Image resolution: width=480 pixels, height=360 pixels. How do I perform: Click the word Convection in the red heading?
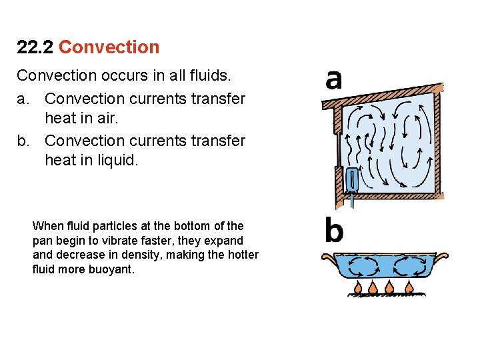click(109, 47)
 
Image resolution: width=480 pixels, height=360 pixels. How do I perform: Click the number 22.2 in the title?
click(35, 47)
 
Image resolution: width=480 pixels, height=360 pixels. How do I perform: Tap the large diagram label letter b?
click(333, 231)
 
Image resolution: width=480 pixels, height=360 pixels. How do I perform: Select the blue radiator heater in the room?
click(352, 178)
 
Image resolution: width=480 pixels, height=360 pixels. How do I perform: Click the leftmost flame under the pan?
click(358, 287)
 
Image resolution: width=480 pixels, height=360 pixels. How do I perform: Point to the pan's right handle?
click(442, 255)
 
